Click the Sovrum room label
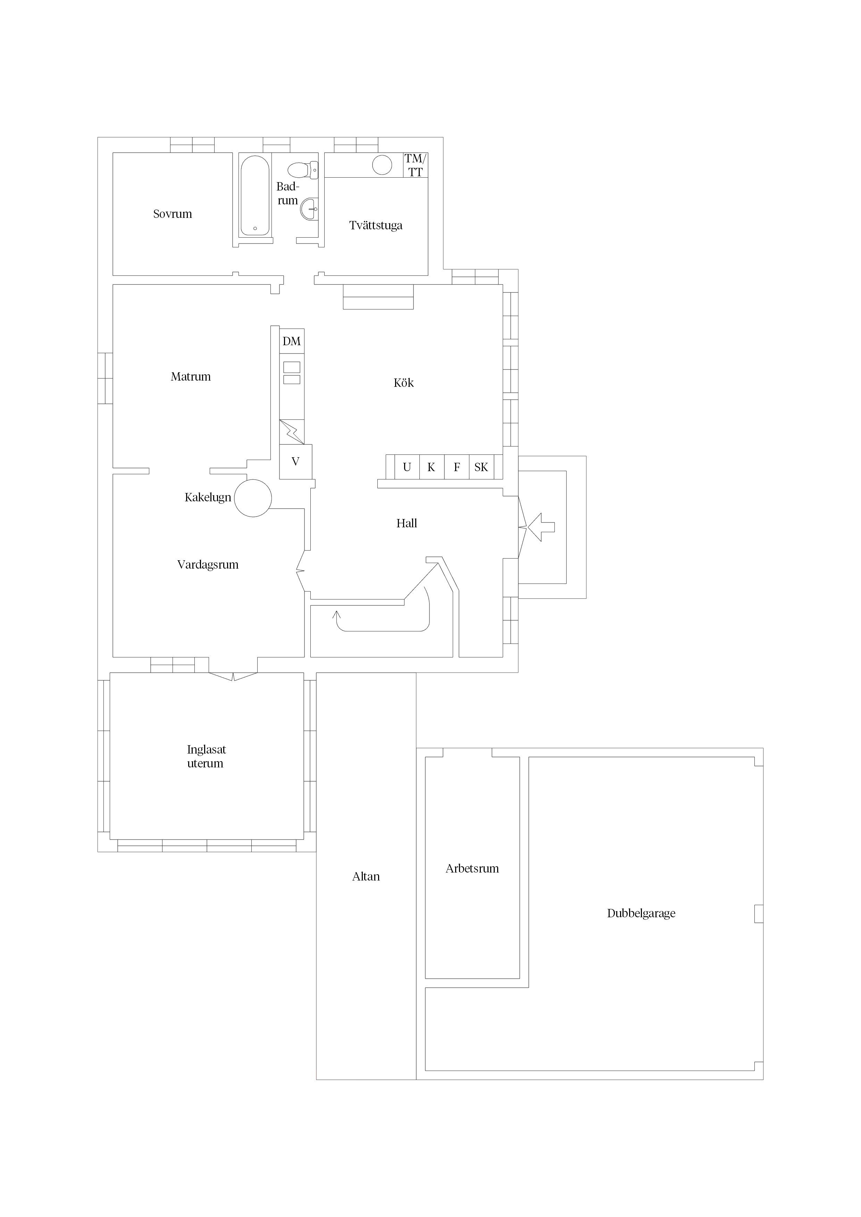click(173, 214)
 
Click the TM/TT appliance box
click(415, 165)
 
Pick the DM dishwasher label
click(292, 341)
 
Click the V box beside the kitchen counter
click(295, 462)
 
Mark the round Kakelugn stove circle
click(253, 498)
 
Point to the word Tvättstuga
click(376, 225)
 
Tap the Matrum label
click(191, 377)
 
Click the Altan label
click(366, 877)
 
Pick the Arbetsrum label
click(472, 869)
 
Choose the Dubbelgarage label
click(641, 914)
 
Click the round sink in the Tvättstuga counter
click(382, 165)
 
